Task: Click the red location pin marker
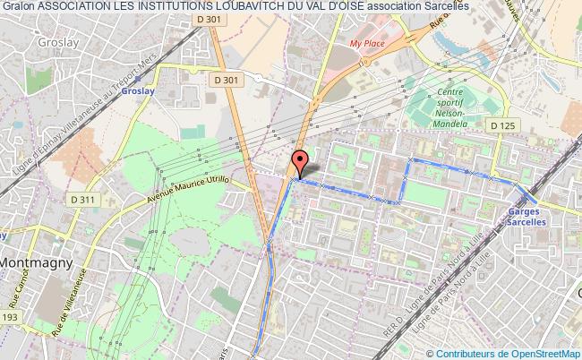click(300, 162)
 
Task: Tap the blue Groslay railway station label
click(190, 91)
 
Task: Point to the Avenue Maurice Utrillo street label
click(189, 190)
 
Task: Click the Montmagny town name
click(42, 264)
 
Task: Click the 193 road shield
click(10, 317)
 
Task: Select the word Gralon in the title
click(18, 7)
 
